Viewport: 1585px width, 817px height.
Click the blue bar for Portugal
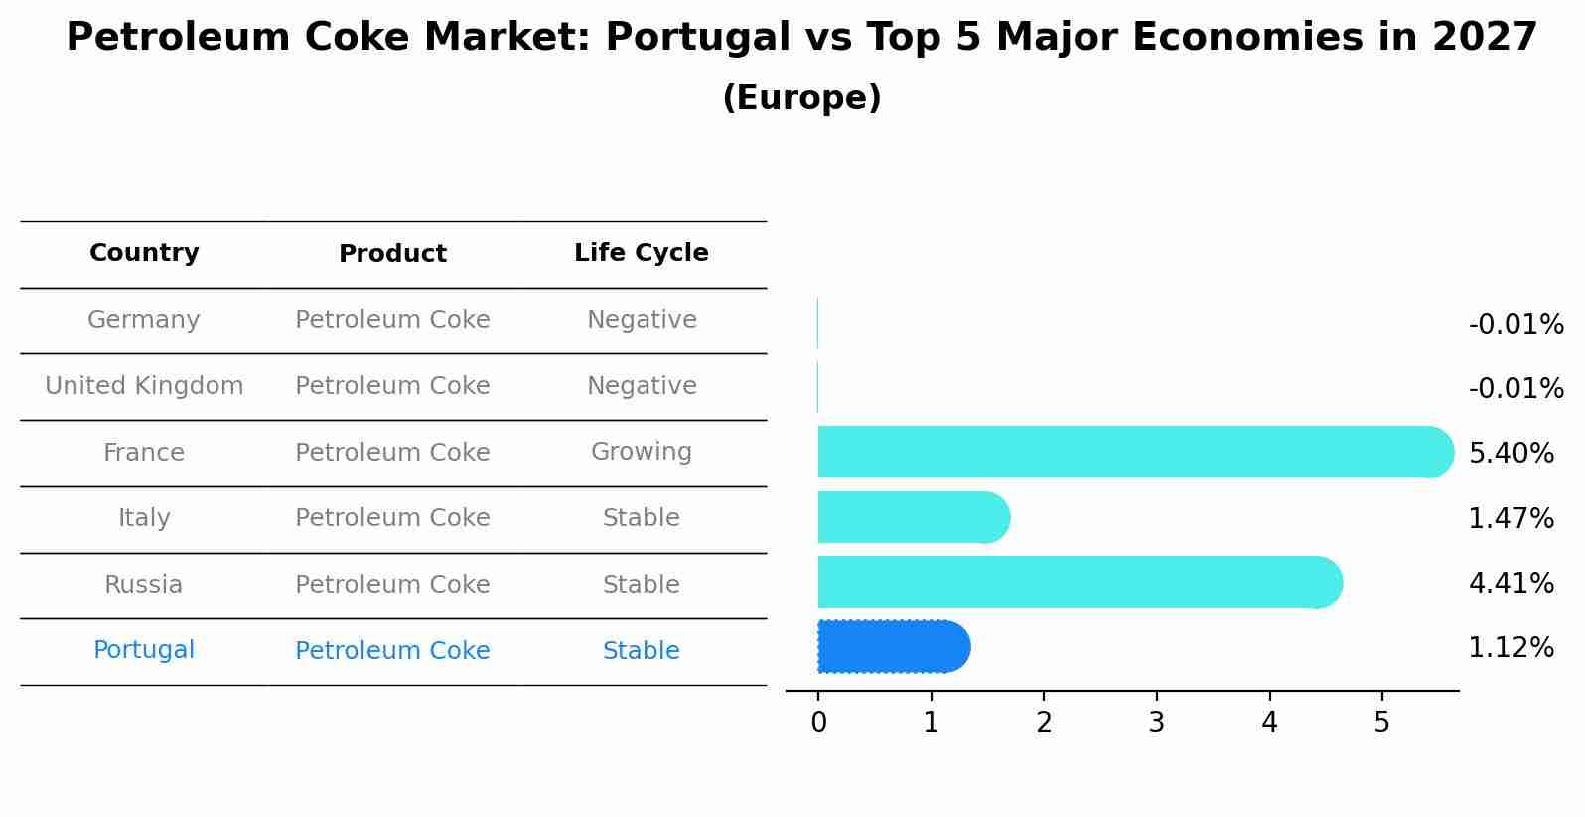(x=892, y=647)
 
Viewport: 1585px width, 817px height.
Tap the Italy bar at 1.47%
(x=912, y=517)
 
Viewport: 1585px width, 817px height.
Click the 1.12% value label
(x=1511, y=648)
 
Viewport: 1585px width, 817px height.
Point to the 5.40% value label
(x=1511, y=453)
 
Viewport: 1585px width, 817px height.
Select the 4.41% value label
(x=1511, y=583)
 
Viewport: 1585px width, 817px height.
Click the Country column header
(x=144, y=253)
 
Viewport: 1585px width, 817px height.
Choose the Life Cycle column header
(x=641, y=253)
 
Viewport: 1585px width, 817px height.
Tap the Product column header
(x=392, y=254)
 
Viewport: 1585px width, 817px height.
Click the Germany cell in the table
(x=144, y=320)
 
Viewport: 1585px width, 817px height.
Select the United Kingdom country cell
(x=144, y=386)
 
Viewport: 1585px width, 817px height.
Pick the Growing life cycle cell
(x=641, y=452)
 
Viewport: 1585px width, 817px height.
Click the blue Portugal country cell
(x=144, y=650)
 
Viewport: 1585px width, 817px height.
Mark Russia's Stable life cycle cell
(x=641, y=585)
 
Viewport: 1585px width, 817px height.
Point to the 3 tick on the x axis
(x=1156, y=722)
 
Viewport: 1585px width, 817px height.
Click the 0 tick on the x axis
(x=818, y=722)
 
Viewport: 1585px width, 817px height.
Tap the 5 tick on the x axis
(x=1381, y=722)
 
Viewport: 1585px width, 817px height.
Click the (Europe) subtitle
(x=801, y=98)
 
